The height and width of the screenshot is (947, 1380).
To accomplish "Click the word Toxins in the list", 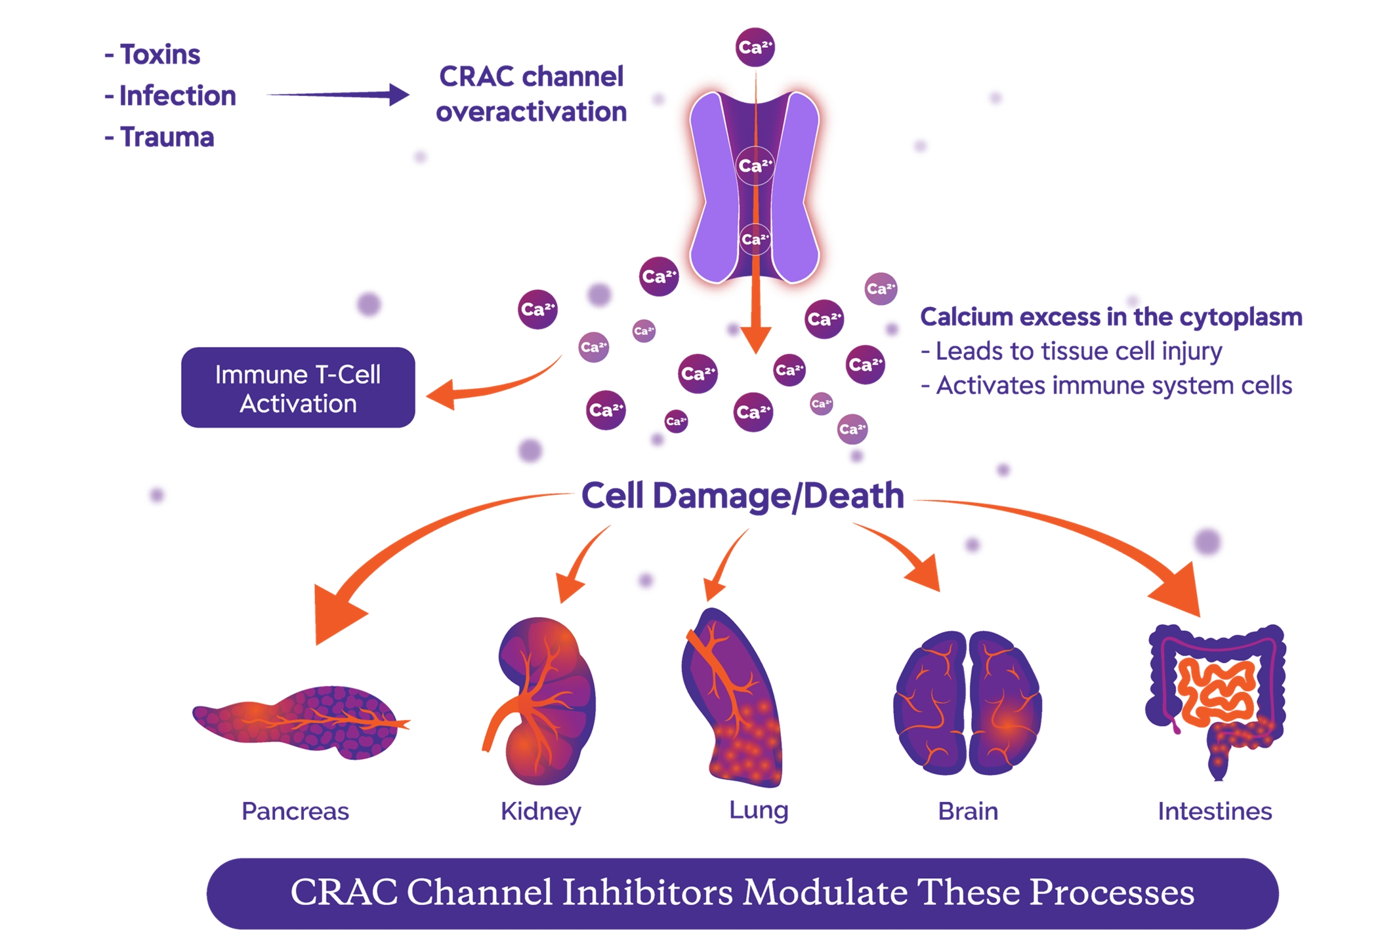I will tap(159, 54).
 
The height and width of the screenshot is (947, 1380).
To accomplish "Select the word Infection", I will tap(177, 96).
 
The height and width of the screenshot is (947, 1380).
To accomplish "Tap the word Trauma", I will tap(167, 137).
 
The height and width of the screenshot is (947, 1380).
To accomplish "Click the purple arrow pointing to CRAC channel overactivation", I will tap(338, 95).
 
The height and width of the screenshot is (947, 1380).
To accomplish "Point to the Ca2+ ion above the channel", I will tap(755, 47).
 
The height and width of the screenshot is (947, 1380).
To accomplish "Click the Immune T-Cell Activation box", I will tap(298, 388).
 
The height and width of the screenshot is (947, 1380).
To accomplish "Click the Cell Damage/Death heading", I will tap(742, 496).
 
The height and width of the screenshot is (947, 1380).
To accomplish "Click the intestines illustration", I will tap(1216, 695).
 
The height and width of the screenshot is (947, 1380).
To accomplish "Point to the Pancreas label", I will tap(295, 812).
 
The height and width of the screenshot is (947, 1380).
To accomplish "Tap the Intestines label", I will tap(1215, 812).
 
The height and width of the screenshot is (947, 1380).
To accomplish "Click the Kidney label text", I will tap(541, 812).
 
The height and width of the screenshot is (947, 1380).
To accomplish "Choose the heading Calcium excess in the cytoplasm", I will tap(1111, 317).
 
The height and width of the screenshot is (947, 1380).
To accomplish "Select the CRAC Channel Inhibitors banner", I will tap(742, 893).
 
